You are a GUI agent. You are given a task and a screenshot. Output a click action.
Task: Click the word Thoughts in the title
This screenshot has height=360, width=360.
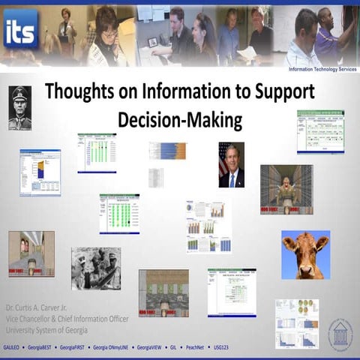[76, 92]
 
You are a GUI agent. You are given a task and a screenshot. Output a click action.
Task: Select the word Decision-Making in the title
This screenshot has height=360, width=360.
[180, 120]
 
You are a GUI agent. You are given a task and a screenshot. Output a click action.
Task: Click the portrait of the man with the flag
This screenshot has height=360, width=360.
[231, 165]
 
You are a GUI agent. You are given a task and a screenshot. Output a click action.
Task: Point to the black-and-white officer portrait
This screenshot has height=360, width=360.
[19, 108]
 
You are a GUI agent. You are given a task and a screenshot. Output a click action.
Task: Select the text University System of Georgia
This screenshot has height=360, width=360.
[46, 329]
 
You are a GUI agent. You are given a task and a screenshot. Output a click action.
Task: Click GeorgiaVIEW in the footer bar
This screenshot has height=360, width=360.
[151, 349]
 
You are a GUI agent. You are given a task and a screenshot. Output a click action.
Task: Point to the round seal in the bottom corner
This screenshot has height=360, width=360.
[340, 334]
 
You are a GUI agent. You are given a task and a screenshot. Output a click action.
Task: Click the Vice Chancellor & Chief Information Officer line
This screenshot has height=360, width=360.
[67, 319]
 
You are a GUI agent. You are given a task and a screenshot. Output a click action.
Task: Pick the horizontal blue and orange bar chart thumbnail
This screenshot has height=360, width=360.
[167, 150]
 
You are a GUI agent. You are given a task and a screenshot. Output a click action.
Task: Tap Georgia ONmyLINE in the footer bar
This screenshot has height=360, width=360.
[111, 349]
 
